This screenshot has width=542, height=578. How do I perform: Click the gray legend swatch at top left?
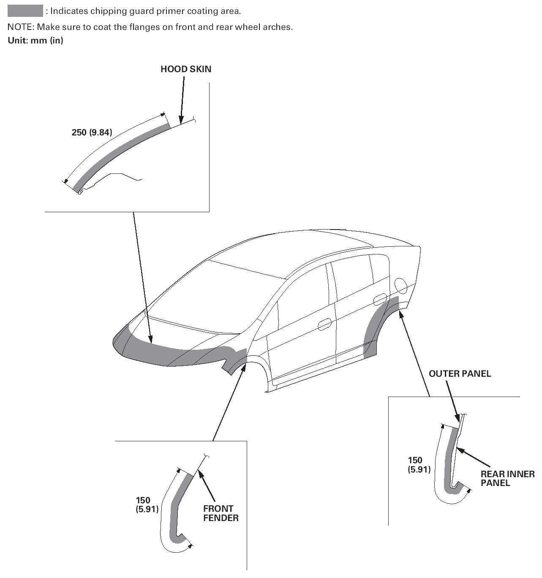click(x=25, y=11)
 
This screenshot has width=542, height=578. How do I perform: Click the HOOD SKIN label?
click(x=185, y=69)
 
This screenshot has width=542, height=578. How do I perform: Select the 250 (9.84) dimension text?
click(x=92, y=132)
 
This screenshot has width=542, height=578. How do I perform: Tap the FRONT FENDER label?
click(x=221, y=513)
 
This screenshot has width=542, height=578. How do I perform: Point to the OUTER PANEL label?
click(x=460, y=373)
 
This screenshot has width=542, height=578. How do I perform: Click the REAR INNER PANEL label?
click(x=507, y=478)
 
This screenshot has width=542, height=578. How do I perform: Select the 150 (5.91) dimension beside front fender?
click(x=147, y=505)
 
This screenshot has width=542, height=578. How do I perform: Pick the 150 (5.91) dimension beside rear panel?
click(x=419, y=465)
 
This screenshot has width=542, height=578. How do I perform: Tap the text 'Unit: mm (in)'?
click(x=35, y=41)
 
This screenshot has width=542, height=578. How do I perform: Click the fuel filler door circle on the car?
click(x=400, y=287)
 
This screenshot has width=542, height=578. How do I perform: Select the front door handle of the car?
click(x=324, y=324)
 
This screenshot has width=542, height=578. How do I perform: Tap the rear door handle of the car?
click(x=380, y=299)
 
